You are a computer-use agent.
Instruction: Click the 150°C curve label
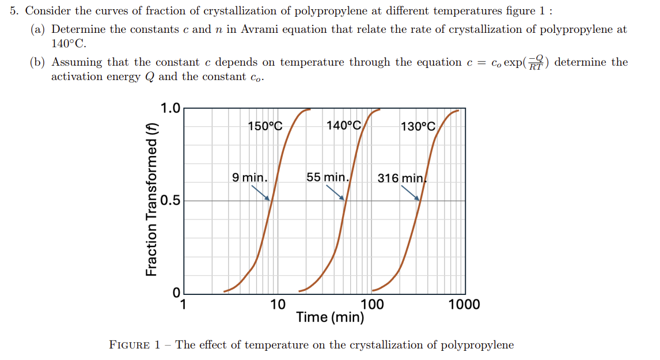pyautogui.click(x=265, y=126)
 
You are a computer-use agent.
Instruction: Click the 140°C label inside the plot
pyautogui.click(x=343, y=126)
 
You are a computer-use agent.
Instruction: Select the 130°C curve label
pyautogui.click(x=418, y=126)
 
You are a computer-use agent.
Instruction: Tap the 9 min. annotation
pyautogui.click(x=249, y=177)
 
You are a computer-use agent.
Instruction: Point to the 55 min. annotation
pyautogui.click(x=327, y=177)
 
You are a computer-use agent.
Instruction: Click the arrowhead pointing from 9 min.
pyautogui.click(x=268, y=199)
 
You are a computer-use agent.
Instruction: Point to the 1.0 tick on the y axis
pyautogui.click(x=170, y=108)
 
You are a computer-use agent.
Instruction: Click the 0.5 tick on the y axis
pyautogui.click(x=170, y=201)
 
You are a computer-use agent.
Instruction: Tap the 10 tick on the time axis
pyautogui.click(x=278, y=304)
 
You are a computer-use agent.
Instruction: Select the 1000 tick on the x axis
pyautogui.click(x=464, y=304)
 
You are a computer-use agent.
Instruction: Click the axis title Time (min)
pyautogui.click(x=330, y=317)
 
